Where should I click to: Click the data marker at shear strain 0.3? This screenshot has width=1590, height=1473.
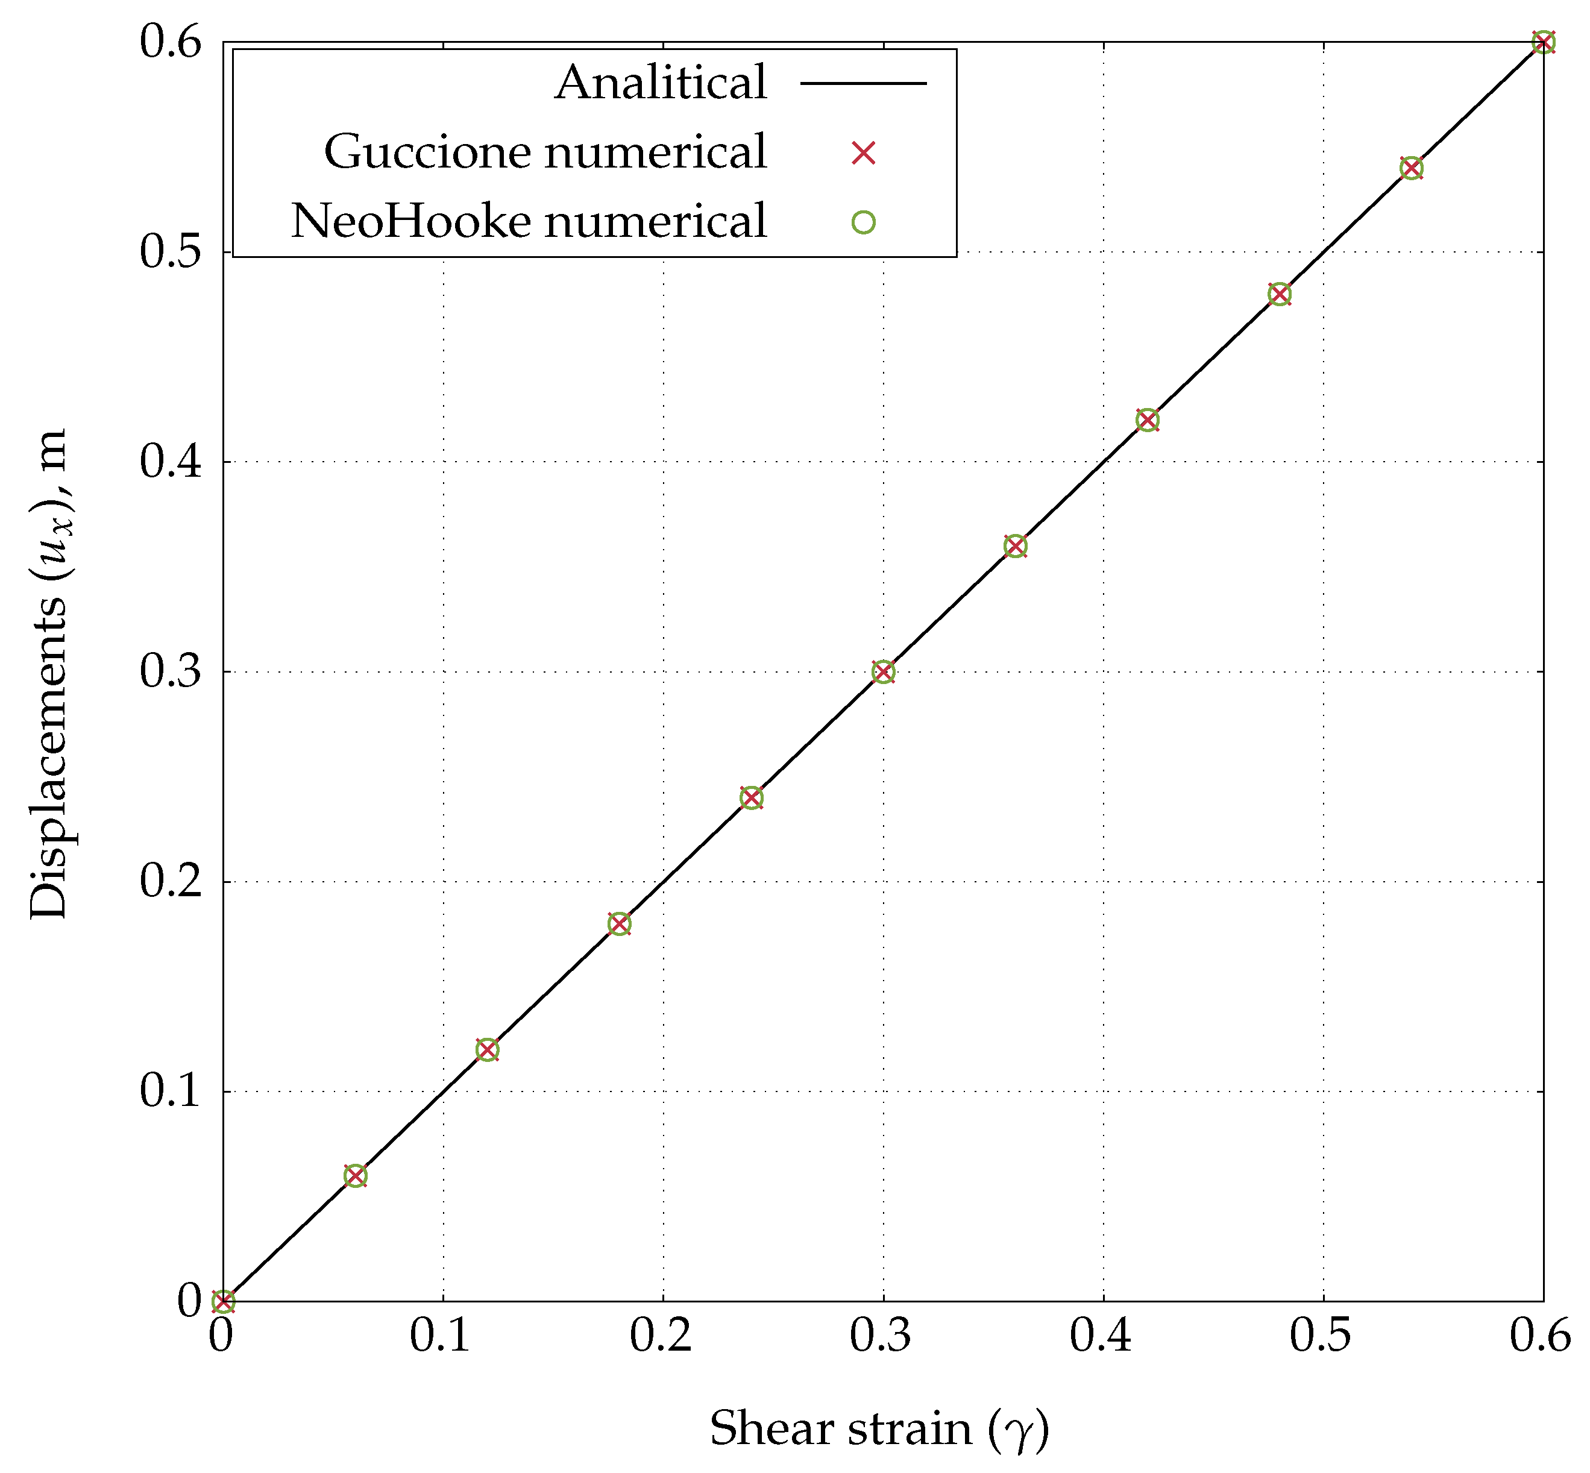(882, 672)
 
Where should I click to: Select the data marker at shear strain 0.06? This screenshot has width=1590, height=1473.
(356, 1176)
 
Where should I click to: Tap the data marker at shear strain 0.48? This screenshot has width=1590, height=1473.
(1278, 294)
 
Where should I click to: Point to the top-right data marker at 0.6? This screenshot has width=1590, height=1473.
(1543, 42)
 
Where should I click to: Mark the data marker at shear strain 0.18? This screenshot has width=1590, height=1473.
(619, 924)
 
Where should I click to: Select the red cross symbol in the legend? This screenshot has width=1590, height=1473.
(863, 152)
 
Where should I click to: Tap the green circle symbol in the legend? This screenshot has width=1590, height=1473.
(863, 222)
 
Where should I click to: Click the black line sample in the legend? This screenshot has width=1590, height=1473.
(863, 83)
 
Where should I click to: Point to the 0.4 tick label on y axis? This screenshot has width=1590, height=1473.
(171, 462)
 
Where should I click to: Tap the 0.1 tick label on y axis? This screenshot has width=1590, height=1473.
(171, 1091)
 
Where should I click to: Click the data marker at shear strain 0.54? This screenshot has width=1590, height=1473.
(1410, 168)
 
